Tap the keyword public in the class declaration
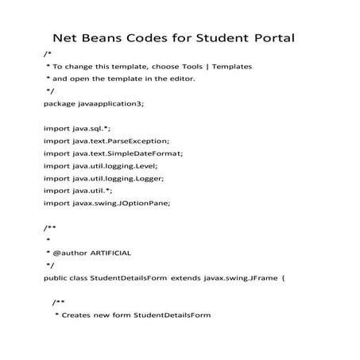55,277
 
